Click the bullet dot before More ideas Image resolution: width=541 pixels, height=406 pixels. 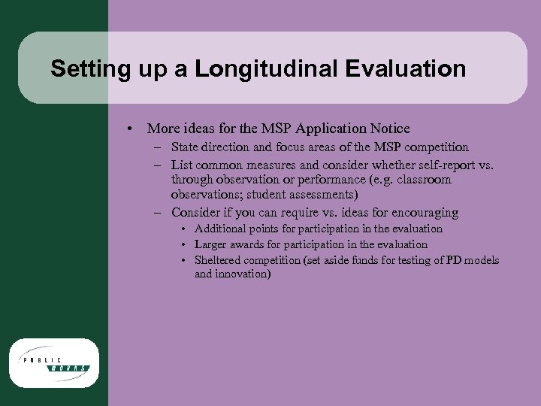131,129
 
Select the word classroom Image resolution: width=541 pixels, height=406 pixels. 425,180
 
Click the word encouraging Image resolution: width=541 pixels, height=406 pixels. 422,213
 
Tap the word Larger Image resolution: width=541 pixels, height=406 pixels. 212,244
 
